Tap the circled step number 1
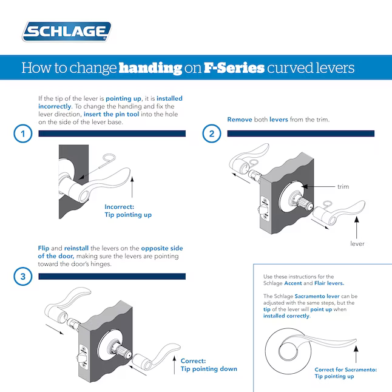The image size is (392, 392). [22, 134]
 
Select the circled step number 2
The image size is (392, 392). [211, 134]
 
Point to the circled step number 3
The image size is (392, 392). [22, 277]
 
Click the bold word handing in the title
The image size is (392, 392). [150, 68]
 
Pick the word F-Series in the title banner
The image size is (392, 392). [234, 68]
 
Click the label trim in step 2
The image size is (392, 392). [343, 186]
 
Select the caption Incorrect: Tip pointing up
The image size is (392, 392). [128, 210]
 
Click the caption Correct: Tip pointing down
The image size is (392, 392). [208, 364]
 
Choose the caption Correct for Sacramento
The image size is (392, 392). [345, 373]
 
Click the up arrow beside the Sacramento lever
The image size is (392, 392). [354, 351]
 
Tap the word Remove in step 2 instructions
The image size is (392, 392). [239, 120]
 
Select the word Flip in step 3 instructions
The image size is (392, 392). [43, 249]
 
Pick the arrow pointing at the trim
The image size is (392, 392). [318, 186]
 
